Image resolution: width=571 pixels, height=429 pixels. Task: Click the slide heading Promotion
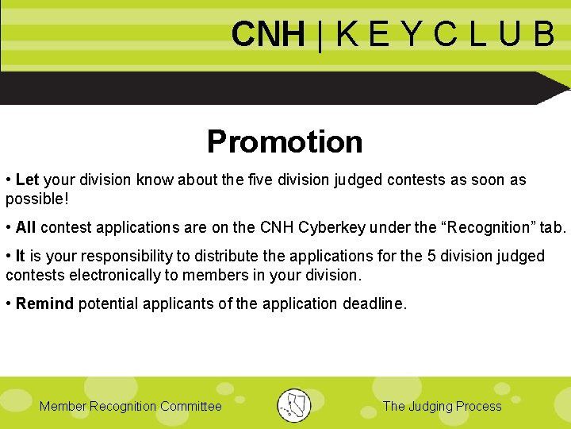coord(285,141)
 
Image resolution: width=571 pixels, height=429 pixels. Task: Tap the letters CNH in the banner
coord(268,35)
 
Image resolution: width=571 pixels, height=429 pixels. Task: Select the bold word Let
coord(27,180)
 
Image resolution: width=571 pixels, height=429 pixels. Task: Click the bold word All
coord(25,227)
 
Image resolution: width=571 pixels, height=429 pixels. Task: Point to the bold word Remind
coord(44,303)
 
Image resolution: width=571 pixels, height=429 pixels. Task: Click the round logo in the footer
coord(294,406)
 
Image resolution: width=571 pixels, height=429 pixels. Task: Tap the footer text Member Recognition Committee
coord(131,407)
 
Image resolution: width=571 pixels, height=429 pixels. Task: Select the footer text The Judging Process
coord(442,407)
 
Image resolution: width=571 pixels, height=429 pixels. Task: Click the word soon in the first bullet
coord(489,180)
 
